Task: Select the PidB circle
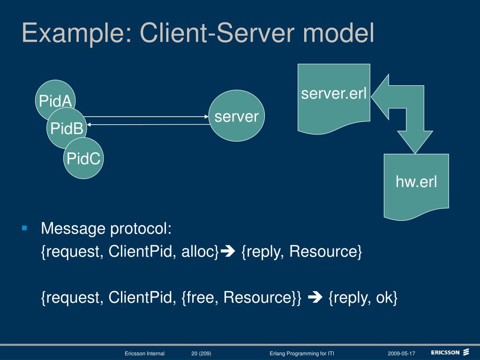coord(67,128)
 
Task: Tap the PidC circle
coord(83,159)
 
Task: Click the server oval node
coord(237,116)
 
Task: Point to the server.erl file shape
coord(334,96)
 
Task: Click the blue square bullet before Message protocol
coord(25,228)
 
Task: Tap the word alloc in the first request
coord(200,252)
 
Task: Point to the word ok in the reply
coord(384,297)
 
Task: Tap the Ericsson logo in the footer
coord(450,352)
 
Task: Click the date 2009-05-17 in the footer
coord(401,353)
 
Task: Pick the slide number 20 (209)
coord(201,353)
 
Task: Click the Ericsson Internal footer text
coord(144,353)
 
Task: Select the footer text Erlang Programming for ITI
coord(302,353)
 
